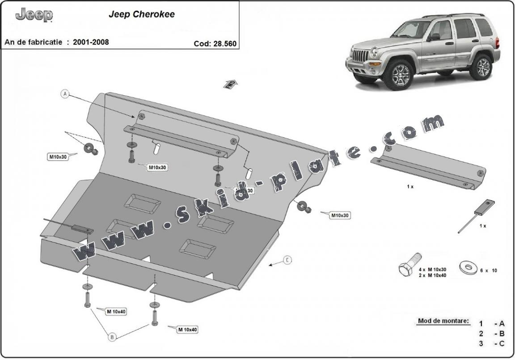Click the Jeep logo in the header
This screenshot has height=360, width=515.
34,15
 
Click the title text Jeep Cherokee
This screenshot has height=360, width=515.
142,14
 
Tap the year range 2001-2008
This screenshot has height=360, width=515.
88,42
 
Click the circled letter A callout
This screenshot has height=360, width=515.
66,94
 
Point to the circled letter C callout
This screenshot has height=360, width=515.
288,260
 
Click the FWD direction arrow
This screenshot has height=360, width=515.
230,84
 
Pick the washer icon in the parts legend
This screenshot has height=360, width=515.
468,268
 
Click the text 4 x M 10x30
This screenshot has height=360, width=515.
432,270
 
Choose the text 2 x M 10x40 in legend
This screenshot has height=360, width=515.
432,275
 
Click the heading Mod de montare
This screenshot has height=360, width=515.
443,321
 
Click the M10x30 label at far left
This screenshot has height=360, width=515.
58,157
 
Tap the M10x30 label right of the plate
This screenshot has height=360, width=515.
339,215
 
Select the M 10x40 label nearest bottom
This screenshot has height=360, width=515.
187,330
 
